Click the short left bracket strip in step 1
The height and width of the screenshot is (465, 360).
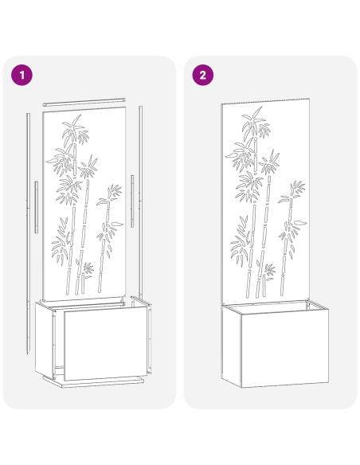click(x=37, y=207)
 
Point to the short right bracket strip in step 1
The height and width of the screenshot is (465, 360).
click(x=132, y=202)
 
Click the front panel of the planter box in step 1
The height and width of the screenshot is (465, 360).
click(x=105, y=344)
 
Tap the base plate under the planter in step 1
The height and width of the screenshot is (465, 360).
click(x=100, y=382)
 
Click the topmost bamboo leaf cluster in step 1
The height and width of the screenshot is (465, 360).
click(x=75, y=127)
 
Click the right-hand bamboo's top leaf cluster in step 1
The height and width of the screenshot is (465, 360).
click(x=115, y=193)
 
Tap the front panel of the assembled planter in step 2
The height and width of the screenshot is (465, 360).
click(x=275, y=350)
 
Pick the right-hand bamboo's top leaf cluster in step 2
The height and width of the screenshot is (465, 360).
click(x=296, y=191)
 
